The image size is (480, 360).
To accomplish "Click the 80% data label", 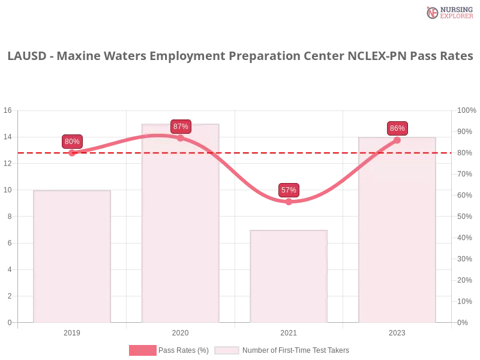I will [x=72, y=142].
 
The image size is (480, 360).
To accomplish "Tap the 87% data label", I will [x=181, y=126].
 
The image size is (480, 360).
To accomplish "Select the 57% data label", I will [x=289, y=190].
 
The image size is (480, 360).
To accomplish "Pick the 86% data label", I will [x=397, y=128].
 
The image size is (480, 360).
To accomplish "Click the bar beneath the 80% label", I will [x=72, y=258].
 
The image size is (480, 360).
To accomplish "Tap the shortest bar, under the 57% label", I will [x=290, y=276].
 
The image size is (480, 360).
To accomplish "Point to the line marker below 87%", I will [x=180, y=138].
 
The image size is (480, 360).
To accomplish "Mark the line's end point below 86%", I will [x=397, y=140].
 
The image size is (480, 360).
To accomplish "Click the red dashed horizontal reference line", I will [x=252, y=152].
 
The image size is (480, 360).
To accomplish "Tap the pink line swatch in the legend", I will [x=142, y=350].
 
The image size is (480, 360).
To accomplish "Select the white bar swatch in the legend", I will [x=227, y=350].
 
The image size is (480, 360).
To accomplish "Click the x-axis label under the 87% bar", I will [x=180, y=331].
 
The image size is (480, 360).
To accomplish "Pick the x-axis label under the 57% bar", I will [x=289, y=331].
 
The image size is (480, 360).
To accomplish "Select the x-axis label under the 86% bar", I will [x=397, y=331].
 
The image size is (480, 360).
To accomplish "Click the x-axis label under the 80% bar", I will [x=72, y=331].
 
